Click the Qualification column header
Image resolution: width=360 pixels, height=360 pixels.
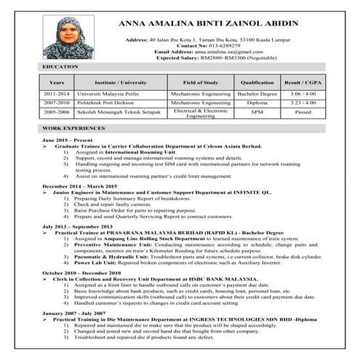click(257, 82)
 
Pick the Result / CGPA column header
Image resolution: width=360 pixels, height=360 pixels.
click(303, 82)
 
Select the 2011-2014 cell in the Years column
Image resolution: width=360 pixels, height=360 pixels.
click(57, 95)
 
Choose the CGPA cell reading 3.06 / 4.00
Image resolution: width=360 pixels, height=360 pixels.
click(303, 95)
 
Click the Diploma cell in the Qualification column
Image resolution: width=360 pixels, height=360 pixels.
click(257, 103)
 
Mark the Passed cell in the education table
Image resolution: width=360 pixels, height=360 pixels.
click(303, 113)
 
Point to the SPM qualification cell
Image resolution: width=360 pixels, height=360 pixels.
click(257, 113)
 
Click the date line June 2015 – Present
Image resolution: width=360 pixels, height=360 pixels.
click(68, 139)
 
